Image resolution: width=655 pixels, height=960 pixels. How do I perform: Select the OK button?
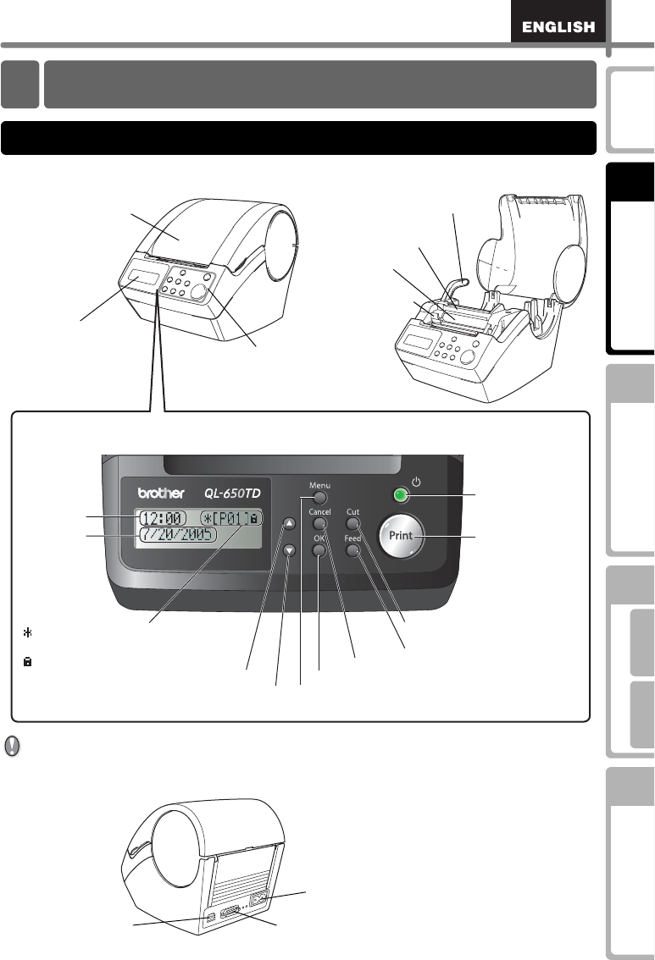[x=319, y=551]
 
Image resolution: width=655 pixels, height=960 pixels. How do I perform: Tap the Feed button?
[x=353, y=551]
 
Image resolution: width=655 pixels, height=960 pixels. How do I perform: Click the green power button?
[x=399, y=497]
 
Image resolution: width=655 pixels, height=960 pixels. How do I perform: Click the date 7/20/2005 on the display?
[x=177, y=537]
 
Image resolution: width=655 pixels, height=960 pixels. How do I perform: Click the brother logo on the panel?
[x=164, y=494]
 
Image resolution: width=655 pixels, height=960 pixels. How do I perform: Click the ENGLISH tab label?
[x=558, y=28]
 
